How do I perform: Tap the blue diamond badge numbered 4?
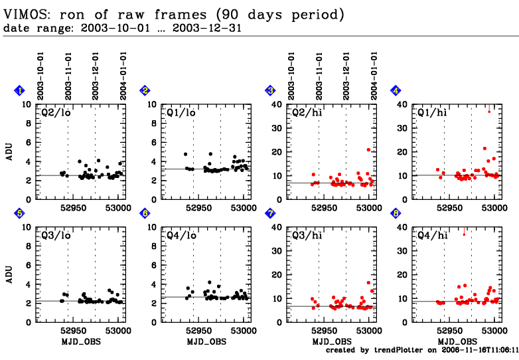coord(396,90)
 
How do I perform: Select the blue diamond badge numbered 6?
coord(145,213)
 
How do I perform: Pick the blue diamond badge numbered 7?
coord(270,213)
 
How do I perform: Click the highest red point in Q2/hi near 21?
coord(368,149)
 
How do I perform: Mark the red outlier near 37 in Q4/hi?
coord(464,234)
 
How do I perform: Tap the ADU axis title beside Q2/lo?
coord(9,151)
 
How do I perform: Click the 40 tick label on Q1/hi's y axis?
coord(402,105)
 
